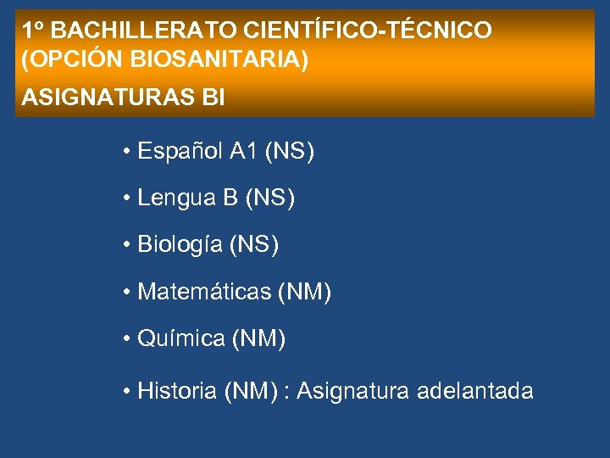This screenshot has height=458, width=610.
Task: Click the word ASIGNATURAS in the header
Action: pos(106,98)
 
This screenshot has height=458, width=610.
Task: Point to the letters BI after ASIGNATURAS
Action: pos(213,98)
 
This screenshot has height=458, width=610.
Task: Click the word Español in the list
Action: pos(180,153)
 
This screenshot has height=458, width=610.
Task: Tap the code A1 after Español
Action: pos(243,153)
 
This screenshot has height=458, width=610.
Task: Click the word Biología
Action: pos(180,246)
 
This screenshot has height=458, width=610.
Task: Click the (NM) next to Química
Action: pos(258,339)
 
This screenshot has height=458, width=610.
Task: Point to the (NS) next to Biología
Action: pos(252,246)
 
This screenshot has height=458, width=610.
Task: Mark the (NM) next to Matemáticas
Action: pos(304,293)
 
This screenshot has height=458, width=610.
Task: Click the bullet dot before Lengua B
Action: pos(125,199)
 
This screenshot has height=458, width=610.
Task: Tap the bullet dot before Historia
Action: pos(125,392)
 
